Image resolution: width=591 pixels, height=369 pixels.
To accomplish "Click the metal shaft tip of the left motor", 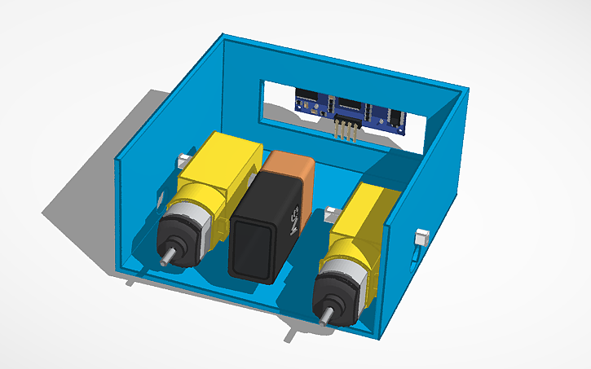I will (166, 259).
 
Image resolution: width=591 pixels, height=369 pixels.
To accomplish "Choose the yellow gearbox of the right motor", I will (371, 216).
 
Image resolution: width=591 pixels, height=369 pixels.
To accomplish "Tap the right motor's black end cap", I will (339, 294).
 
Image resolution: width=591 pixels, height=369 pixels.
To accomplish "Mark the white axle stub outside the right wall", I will (423, 239).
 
